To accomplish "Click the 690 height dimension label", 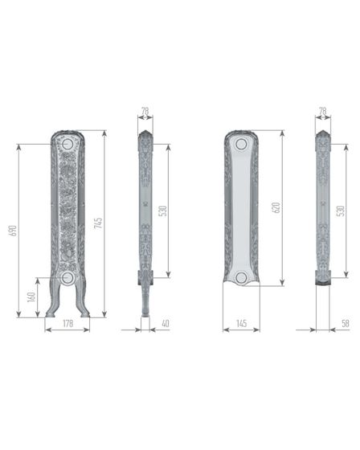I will pyautogui.click(x=14, y=230).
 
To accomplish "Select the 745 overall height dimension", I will pyautogui.click(x=99, y=223).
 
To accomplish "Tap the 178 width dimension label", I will pyautogui.click(x=67, y=323).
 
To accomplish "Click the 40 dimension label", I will pyautogui.click(x=166, y=323).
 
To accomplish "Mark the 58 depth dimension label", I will pyautogui.click(x=344, y=323).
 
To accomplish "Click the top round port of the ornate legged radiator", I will pyautogui.click(x=67, y=145).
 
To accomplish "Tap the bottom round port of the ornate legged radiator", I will pyautogui.click(x=67, y=277).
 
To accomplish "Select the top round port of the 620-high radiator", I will pyautogui.click(x=241, y=144).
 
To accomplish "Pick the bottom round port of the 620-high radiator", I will pyautogui.click(x=241, y=277).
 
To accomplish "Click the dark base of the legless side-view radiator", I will pyautogui.click(x=322, y=279).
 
